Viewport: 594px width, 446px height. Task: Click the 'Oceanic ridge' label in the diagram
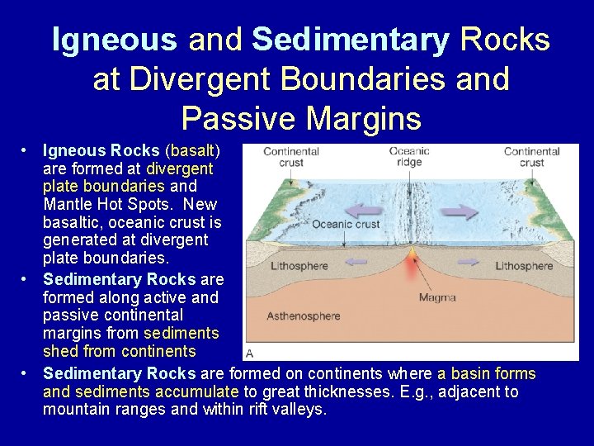pos(409,157)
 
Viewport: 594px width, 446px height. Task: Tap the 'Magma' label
pos(437,297)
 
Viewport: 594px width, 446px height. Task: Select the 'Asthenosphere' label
pos(304,316)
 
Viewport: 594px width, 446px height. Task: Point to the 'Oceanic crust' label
pos(346,224)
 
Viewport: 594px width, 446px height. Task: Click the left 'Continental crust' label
pos(291,157)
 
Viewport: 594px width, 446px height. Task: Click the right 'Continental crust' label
pos(532,157)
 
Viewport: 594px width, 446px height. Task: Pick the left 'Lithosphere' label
pos(299,266)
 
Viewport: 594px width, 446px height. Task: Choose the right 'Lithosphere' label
pos(524,266)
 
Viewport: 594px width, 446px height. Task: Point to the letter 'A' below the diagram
pos(250,353)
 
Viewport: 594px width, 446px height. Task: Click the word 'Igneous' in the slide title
pos(114,40)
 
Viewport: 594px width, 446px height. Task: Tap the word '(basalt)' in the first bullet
pos(191,150)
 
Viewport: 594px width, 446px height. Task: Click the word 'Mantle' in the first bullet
pos(69,205)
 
